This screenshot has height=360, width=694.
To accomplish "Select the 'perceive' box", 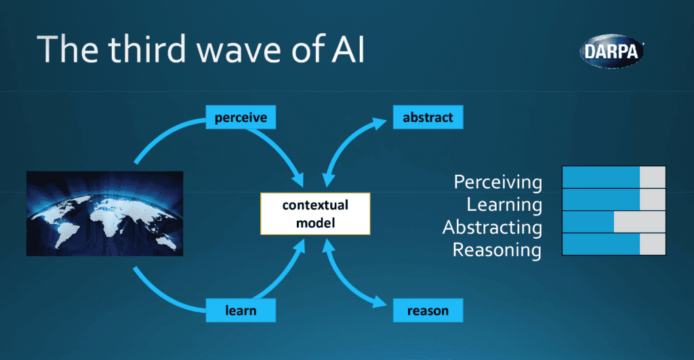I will [x=241, y=118].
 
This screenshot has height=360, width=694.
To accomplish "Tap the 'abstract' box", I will [x=428, y=118].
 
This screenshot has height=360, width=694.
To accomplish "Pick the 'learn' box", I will [x=241, y=311].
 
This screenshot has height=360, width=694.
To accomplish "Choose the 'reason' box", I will [x=428, y=311].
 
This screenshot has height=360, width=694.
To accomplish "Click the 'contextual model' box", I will [x=315, y=214].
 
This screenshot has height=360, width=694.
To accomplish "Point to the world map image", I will [x=104, y=214].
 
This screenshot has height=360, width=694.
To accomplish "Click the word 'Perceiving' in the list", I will [x=497, y=182].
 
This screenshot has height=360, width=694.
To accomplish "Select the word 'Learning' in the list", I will [x=504, y=204].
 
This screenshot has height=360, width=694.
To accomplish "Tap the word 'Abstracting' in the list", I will [x=492, y=227].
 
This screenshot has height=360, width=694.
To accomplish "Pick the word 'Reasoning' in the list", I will [x=497, y=250].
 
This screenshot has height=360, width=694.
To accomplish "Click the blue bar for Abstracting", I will [x=588, y=222].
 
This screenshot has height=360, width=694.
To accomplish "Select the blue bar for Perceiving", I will [x=601, y=177].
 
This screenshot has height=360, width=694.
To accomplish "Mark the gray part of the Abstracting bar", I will [x=639, y=222].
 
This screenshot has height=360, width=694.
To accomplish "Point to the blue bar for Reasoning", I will [x=601, y=244].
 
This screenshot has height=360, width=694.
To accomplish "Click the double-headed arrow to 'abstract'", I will [x=352, y=146].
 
